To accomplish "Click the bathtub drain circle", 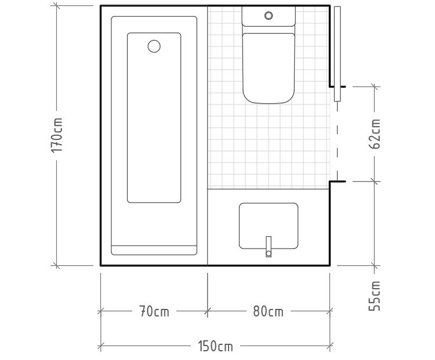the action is coord(154,46).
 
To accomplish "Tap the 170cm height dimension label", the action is coord(57,135).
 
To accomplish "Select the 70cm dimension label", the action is coord(154,311).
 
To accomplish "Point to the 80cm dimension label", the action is coord(269,311).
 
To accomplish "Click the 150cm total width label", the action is coord(215,346).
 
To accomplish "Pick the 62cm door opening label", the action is coord(375,134).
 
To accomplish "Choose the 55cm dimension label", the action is coord(375,296).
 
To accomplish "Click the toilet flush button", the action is coord(269,16).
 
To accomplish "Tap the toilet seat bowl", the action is coord(269,69).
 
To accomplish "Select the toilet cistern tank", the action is coord(269,16).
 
